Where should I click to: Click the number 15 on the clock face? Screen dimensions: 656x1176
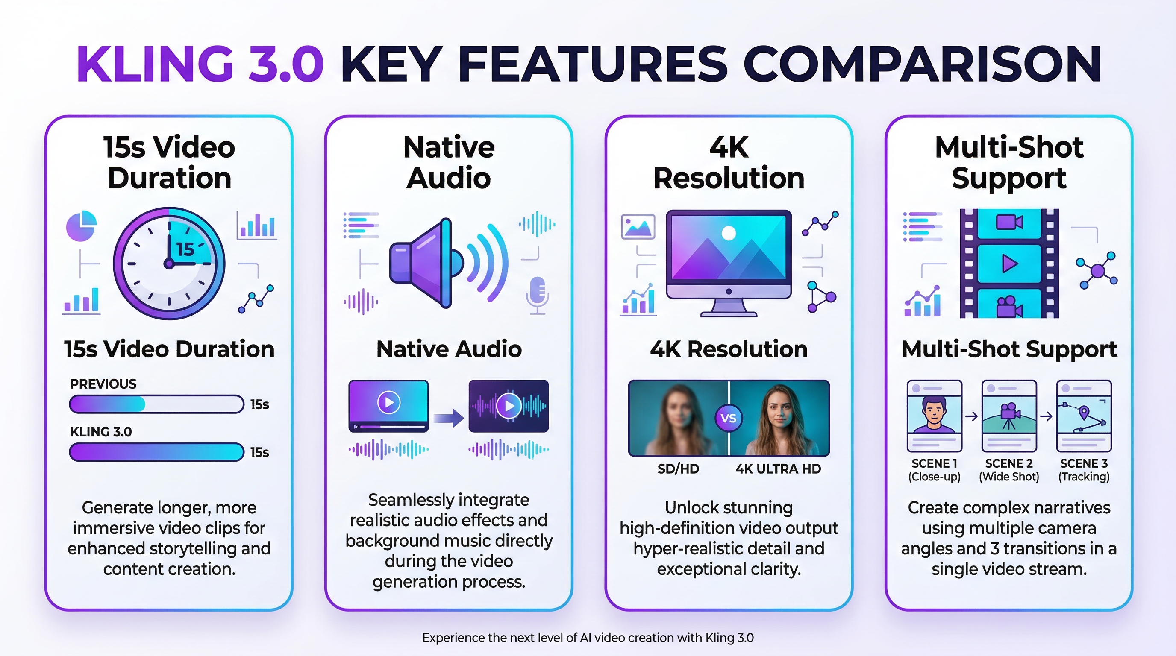185,249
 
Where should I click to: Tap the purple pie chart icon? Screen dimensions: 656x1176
81,225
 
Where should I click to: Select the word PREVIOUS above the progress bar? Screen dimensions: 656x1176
103,384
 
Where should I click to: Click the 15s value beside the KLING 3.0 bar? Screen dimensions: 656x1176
259,452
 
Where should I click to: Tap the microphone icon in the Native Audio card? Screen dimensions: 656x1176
538,294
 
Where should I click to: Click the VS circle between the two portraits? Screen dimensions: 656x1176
728,418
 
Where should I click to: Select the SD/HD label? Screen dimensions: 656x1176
678,469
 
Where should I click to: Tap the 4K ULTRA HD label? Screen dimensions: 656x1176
778,469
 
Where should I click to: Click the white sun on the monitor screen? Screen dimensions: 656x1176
728,234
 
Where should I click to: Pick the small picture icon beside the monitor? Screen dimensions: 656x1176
638,226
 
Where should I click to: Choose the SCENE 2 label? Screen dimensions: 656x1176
1008,463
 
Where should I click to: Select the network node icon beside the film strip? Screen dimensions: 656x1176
1097,270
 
